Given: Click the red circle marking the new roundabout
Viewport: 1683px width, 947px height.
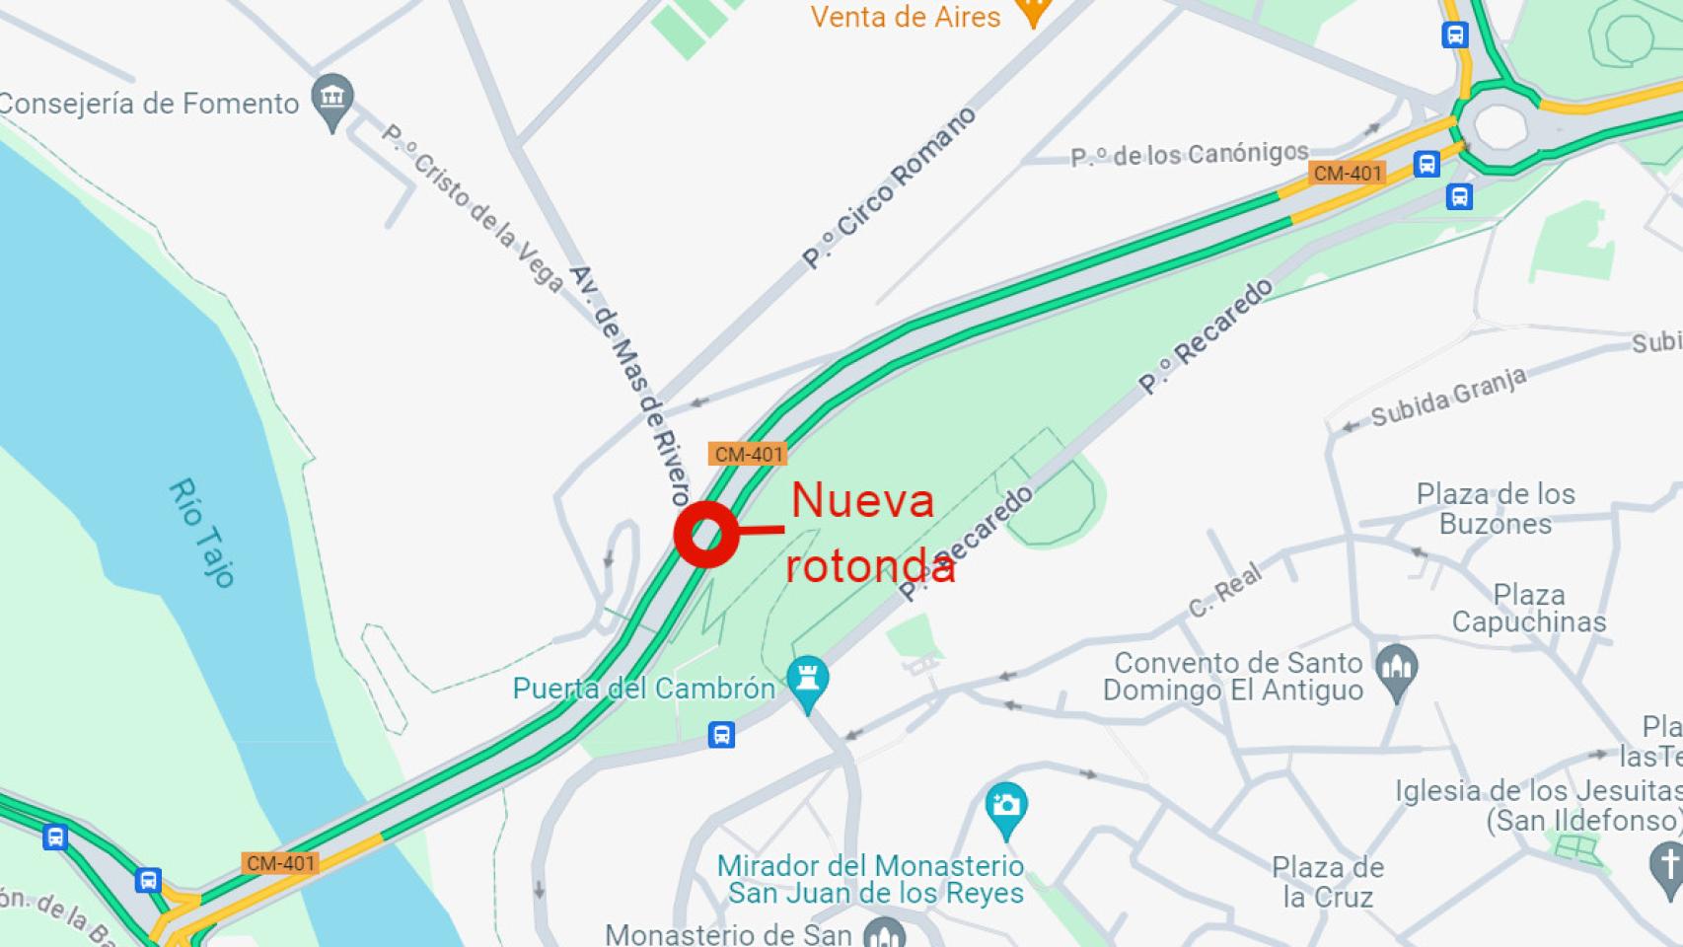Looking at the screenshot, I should tap(706, 535).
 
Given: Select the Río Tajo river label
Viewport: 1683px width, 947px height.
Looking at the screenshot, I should tap(201, 533).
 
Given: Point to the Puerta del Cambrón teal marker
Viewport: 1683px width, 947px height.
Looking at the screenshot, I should tap(808, 682).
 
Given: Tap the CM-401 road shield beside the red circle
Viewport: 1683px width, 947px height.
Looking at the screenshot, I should tap(748, 455).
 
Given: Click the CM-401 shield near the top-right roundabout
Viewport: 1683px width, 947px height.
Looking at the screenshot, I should tap(1348, 174).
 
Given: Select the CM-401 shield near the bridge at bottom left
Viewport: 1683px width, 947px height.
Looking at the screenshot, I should tap(280, 863).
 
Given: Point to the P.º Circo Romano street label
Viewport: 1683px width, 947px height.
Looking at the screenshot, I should tap(889, 187).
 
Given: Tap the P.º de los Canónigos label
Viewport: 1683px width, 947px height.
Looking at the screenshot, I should tap(1189, 155).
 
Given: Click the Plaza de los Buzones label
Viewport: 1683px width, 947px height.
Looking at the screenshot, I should tap(1496, 508).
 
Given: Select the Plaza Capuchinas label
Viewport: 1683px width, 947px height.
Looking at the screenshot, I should tap(1528, 609).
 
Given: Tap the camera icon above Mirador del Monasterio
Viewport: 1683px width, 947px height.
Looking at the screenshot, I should tap(1006, 806).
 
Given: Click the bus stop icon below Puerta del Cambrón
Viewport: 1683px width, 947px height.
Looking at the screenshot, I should tap(721, 735).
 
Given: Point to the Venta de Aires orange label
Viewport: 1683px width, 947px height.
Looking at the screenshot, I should tap(905, 17).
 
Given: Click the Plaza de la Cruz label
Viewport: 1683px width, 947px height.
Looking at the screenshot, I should tap(1327, 882).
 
